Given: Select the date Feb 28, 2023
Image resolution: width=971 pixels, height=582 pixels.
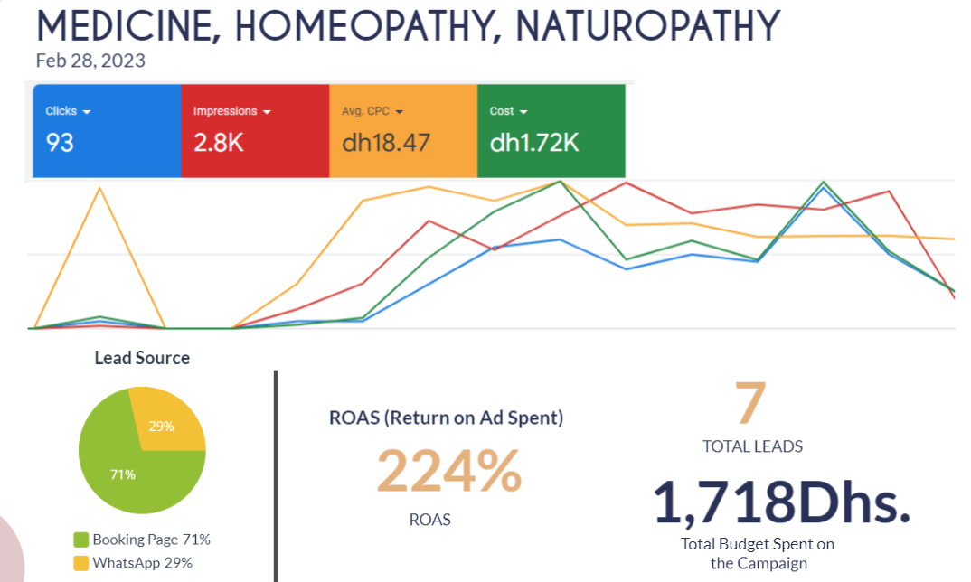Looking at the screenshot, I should pyautogui.click(x=90, y=61).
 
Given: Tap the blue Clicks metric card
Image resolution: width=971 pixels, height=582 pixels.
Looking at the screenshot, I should pyautogui.click(x=107, y=131).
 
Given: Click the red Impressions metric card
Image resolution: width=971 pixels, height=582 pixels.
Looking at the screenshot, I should pyautogui.click(x=255, y=131).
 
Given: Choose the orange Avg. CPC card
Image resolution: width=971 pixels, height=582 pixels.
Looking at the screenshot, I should pyautogui.click(x=402, y=131).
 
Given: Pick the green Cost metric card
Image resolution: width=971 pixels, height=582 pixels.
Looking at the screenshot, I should pyautogui.click(x=551, y=131).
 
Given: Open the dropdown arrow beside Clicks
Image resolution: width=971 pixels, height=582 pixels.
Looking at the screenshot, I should pyautogui.click(x=87, y=112).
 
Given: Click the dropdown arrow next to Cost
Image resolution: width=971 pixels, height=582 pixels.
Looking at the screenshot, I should pyautogui.click(x=523, y=112).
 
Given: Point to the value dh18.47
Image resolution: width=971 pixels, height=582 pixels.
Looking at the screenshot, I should pyautogui.click(x=386, y=143).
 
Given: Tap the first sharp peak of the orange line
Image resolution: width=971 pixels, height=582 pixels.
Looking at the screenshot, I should pyautogui.click(x=99, y=188).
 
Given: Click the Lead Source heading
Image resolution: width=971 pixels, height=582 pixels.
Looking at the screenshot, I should pyautogui.click(x=142, y=358).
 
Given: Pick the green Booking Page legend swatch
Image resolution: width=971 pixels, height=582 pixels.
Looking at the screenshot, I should pyautogui.click(x=81, y=540).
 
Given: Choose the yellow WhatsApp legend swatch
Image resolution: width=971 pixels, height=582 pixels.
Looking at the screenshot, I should pyautogui.click(x=81, y=563).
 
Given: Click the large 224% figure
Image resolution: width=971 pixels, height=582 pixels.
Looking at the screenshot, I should pyautogui.click(x=449, y=472).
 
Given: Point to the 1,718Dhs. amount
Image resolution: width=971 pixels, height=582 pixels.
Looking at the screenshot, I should pyautogui.click(x=781, y=502).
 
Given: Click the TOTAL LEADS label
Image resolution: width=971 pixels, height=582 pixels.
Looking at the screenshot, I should pyautogui.click(x=752, y=446).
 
